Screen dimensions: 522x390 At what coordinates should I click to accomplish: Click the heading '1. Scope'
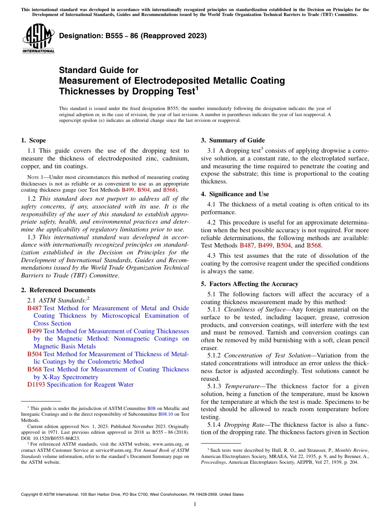tap(33, 140)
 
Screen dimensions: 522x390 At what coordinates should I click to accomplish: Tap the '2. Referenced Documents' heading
tap(58, 290)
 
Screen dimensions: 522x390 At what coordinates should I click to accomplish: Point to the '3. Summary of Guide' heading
tap(233, 140)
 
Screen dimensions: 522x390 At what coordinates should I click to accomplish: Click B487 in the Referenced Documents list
tap(34, 308)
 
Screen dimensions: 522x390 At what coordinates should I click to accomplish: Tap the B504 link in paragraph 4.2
tap(283, 245)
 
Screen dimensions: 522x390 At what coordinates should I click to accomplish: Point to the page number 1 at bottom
tap(195, 504)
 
